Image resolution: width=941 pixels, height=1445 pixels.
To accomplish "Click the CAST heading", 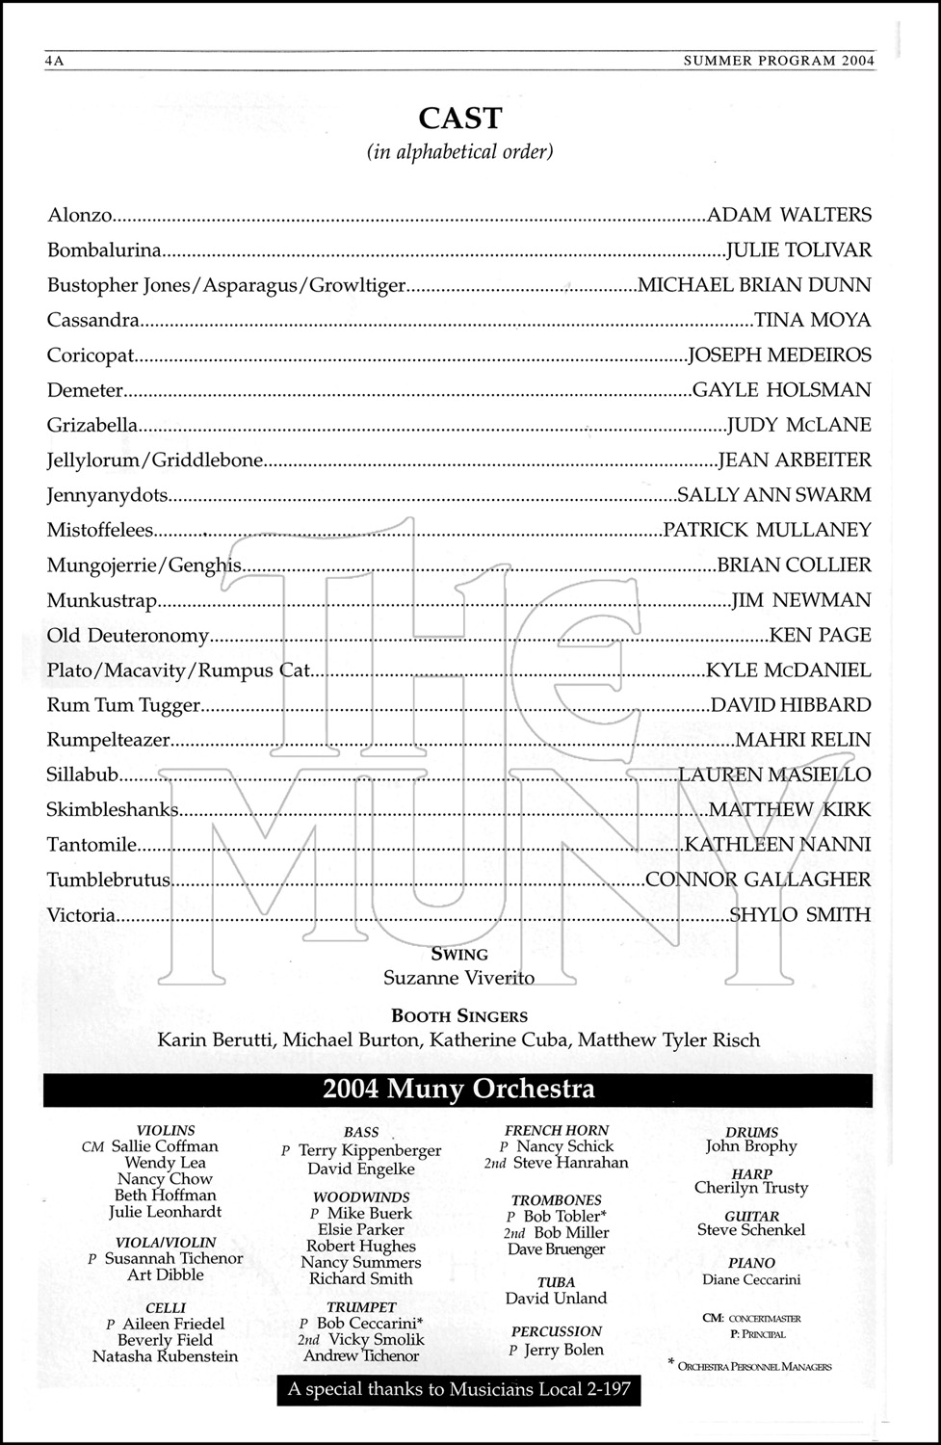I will (x=460, y=118).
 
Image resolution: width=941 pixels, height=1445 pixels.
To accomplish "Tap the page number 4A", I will (x=54, y=61).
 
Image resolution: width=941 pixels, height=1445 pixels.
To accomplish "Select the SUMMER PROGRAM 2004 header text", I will (x=778, y=61).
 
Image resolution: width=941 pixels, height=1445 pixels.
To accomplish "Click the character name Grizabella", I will (x=92, y=425).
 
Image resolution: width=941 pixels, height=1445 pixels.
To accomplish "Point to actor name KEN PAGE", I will (x=820, y=635).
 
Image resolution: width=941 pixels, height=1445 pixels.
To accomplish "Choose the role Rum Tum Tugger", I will (x=123, y=705).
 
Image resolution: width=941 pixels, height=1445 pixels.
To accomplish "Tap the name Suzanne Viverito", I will (x=458, y=978).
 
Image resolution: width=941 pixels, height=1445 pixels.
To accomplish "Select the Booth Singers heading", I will (x=459, y=1015).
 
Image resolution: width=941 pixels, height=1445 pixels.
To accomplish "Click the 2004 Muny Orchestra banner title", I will (x=458, y=1090).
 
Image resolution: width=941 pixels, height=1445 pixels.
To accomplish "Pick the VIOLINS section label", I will (x=166, y=1130).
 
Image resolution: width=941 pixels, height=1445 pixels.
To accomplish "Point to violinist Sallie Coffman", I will (x=165, y=1146).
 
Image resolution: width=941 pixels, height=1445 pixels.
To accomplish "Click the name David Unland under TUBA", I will (x=556, y=1299).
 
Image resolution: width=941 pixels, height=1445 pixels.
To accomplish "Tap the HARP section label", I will (x=751, y=1173).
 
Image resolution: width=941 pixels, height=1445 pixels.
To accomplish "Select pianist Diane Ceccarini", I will (x=751, y=1279).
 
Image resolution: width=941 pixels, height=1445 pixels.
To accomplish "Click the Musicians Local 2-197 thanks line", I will (x=458, y=1390).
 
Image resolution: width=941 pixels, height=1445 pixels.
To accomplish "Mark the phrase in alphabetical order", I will (x=460, y=152).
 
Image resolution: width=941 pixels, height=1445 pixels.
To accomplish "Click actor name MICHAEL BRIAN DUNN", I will (x=754, y=285).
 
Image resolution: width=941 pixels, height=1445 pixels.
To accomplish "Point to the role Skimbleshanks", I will (x=113, y=810).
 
